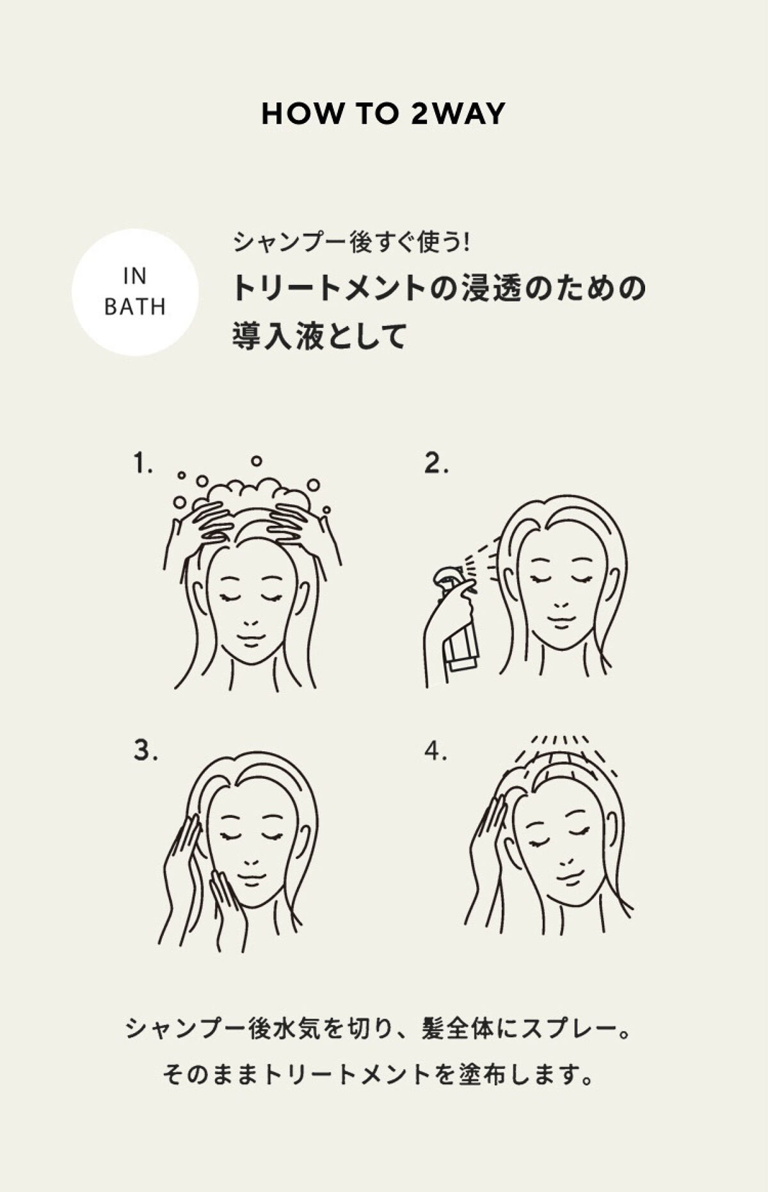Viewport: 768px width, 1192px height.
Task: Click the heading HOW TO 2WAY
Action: click(x=383, y=114)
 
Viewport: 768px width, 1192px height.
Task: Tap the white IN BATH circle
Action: click(x=135, y=292)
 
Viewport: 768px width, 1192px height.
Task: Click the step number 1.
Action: click(x=142, y=463)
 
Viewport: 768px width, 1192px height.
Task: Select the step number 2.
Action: click(x=436, y=463)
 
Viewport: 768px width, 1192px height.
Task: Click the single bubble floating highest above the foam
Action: click(x=257, y=461)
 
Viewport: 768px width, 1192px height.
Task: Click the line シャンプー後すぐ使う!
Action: click(x=351, y=242)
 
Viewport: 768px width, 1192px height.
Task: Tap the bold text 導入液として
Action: click(x=319, y=336)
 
